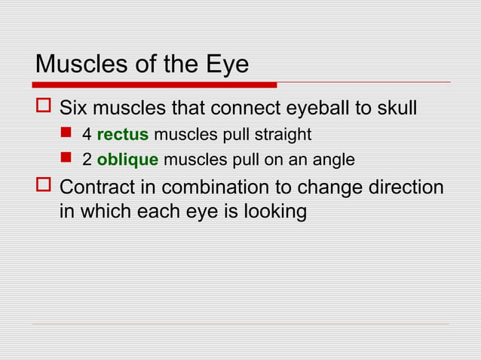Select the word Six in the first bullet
[x=75, y=108]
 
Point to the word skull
[x=396, y=108]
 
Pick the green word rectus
[x=122, y=136]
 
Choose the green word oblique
[x=127, y=160]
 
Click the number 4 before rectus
[x=87, y=136]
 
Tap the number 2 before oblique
[x=87, y=160]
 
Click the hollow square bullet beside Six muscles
[x=42, y=108]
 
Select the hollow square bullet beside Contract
[x=42, y=187]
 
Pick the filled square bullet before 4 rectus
[x=66, y=135]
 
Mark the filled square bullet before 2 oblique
[x=66, y=160]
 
